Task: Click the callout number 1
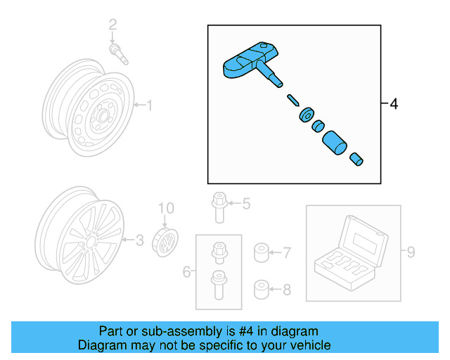(149, 105)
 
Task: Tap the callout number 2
(112, 26)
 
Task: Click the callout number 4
(393, 104)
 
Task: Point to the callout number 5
(245, 204)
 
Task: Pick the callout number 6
(186, 271)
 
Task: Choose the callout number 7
(286, 251)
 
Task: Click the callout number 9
(412, 251)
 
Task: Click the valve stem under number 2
(117, 53)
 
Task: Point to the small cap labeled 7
(260, 252)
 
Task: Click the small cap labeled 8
(260, 288)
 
